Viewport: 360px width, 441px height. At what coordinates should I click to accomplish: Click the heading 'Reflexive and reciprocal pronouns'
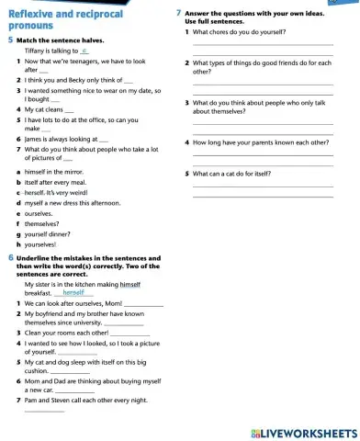tap(55, 18)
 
